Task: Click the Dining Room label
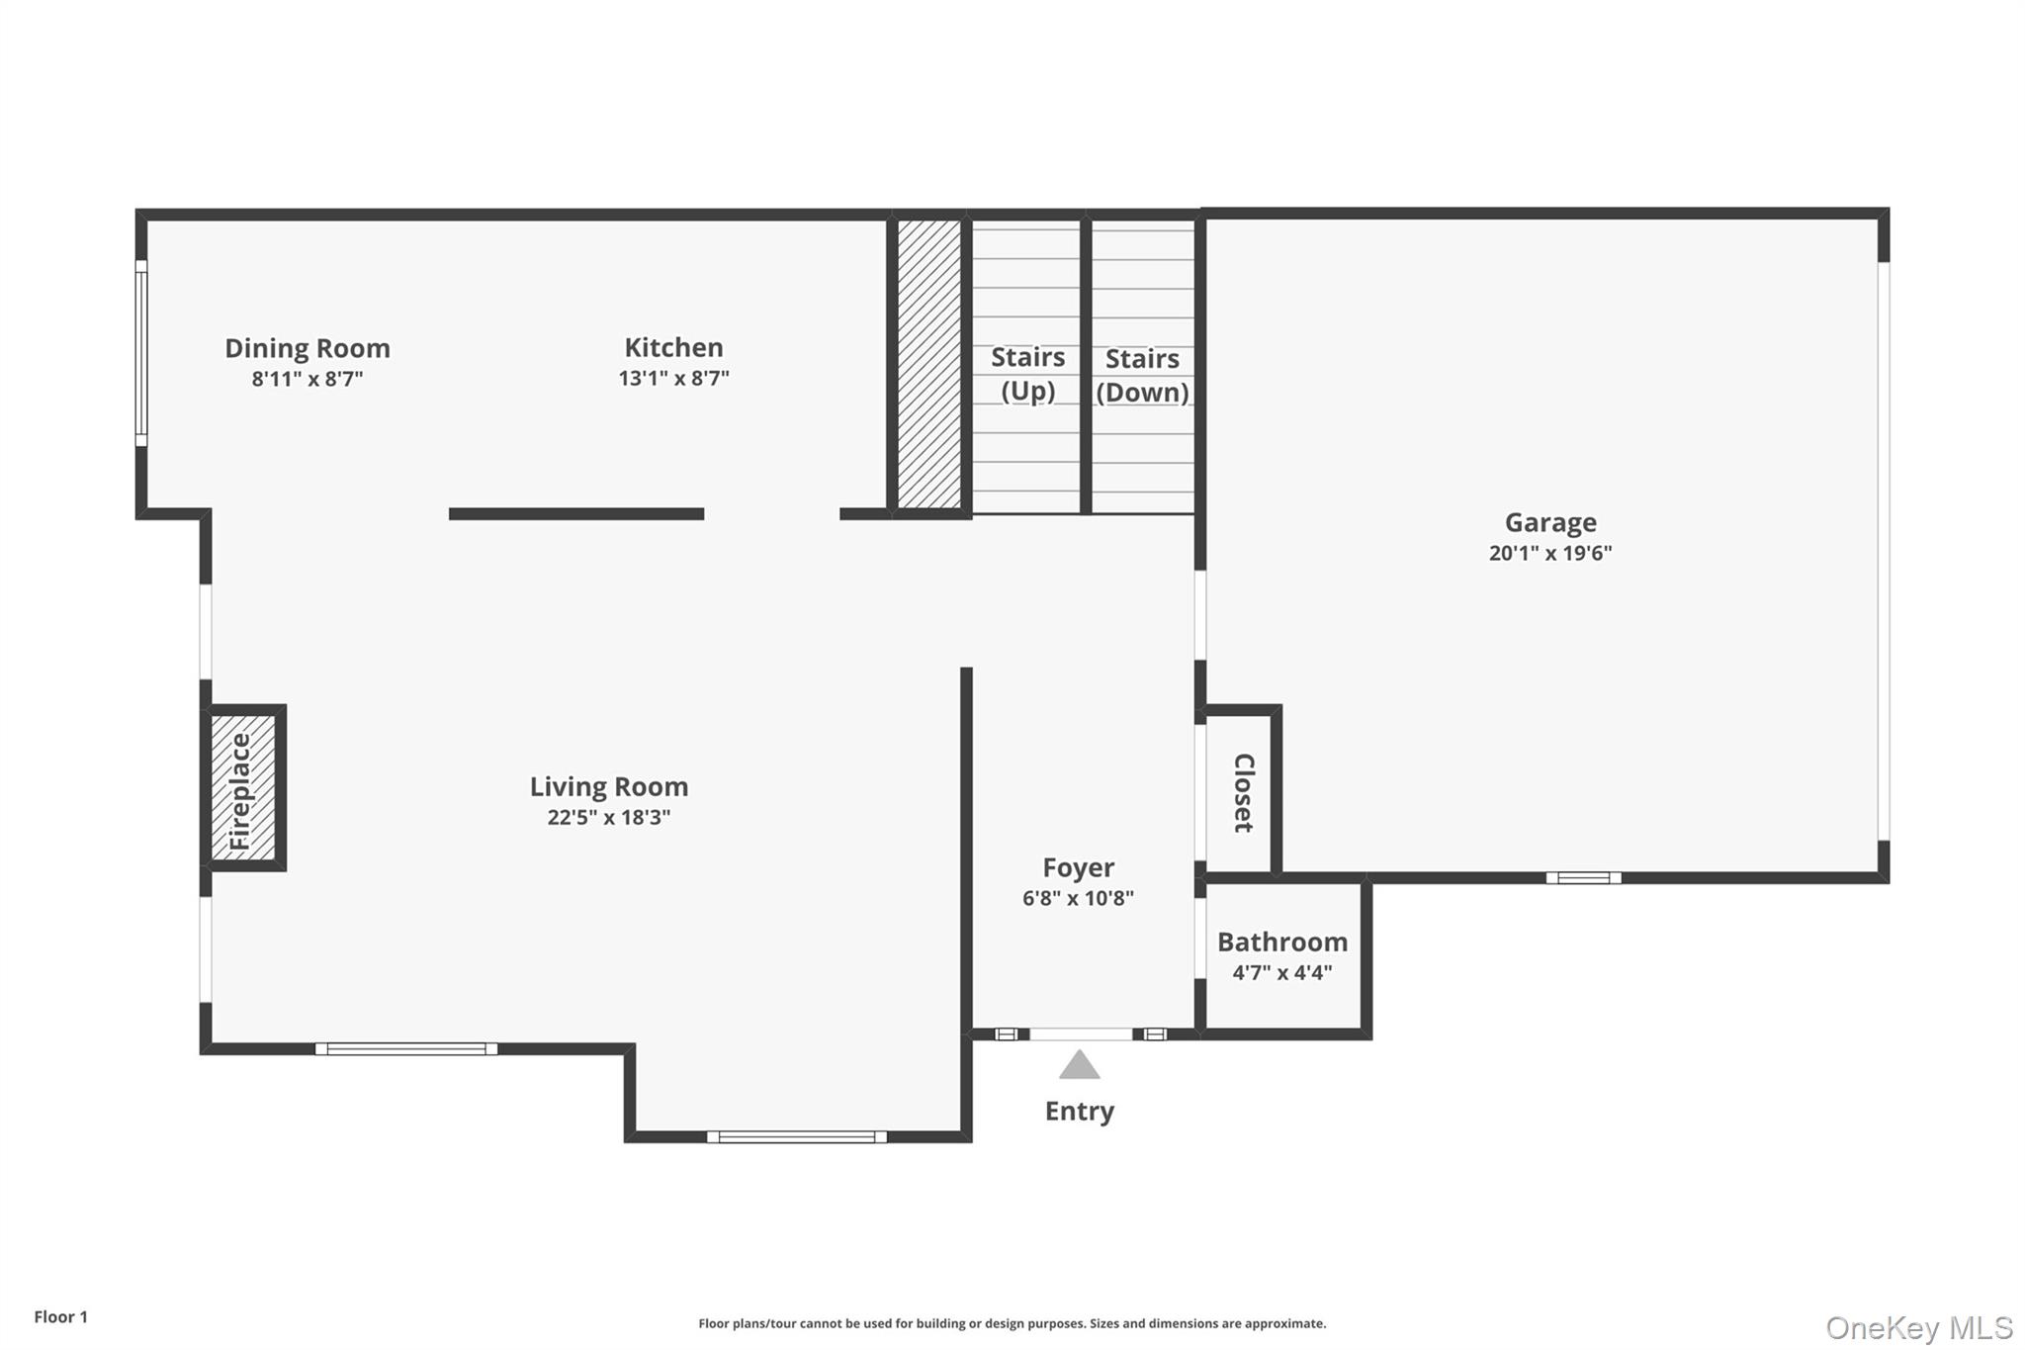(x=308, y=348)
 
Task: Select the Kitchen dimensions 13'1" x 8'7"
(x=673, y=378)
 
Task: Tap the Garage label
(x=1549, y=522)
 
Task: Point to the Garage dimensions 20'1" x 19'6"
(x=1549, y=553)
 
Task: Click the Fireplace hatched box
(x=243, y=787)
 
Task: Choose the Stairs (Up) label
(x=1027, y=374)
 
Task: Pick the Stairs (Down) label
(x=1142, y=375)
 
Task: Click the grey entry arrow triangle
(x=1079, y=1065)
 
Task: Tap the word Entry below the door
(x=1079, y=1111)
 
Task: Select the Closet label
(x=1243, y=792)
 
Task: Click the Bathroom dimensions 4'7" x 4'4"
(x=1281, y=972)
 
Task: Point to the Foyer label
(x=1078, y=867)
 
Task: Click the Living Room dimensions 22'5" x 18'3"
(x=608, y=817)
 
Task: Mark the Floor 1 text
(x=61, y=1316)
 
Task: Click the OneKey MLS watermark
(x=1918, y=1327)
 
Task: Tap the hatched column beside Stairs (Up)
(x=928, y=364)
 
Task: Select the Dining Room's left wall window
(x=141, y=353)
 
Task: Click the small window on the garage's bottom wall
(x=1583, y=877)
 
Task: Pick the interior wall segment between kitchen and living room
(x=576, y=513)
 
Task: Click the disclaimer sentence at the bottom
(x=1012, y=1323)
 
